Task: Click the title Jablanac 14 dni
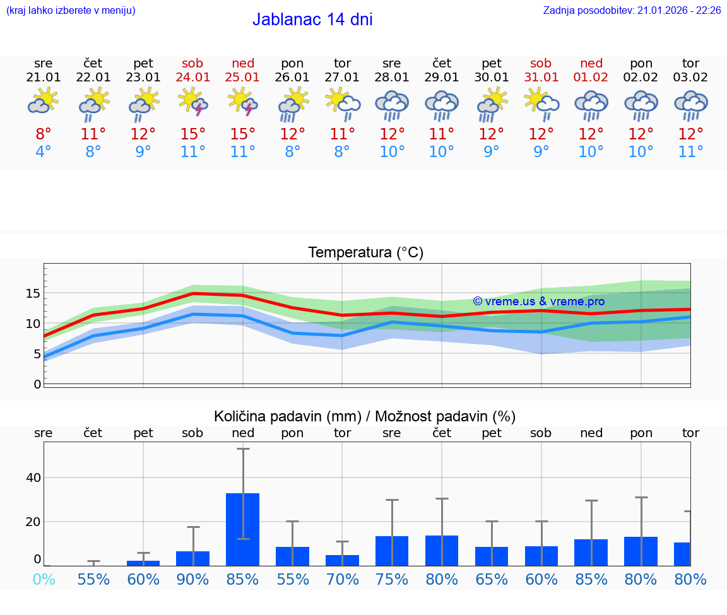click(x=312, y=20)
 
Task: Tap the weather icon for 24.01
click(x=193, y=102)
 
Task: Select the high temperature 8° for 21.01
click(x=44, y=134)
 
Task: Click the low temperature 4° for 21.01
click(x=44, y=152)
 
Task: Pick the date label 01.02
click(x=591, y=78)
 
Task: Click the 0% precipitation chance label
click(x=44, y=579)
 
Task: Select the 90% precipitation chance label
click(x=193, y=579)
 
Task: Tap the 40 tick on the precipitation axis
click(x=33, y=477)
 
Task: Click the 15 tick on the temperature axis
click(x=33, y=293)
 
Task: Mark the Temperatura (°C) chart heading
click(x=365, y=253)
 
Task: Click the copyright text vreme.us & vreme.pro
click(x=538, y=302)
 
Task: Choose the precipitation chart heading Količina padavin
click(x=365, y=416)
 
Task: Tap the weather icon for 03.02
click(x=691, y=105)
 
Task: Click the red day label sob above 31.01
click(x=541, y=63)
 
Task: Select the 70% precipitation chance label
click(x=342, y=579)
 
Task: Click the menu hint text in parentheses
click(x=71, y=11)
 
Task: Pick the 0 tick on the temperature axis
click(x=37, y=384)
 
